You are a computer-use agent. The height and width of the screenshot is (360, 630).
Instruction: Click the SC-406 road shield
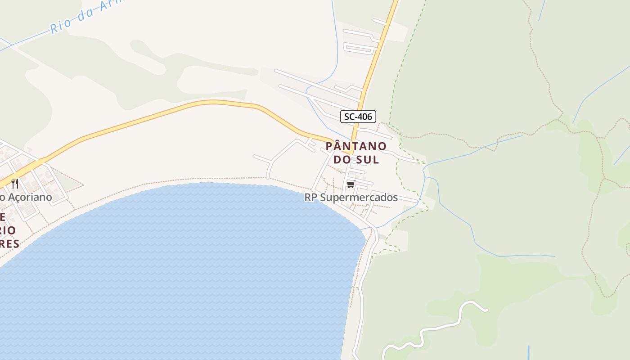358,117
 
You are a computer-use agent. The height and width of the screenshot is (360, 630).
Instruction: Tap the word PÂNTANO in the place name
356,146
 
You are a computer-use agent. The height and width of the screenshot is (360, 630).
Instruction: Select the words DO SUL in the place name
356,159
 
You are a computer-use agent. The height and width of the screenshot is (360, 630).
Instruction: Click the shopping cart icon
351,184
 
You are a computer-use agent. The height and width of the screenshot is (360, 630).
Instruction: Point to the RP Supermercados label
351,197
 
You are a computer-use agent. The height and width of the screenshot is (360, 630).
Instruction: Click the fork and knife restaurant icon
15,183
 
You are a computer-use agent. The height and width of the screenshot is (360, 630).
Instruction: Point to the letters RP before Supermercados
310,197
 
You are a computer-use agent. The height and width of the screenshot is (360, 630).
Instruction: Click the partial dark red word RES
10,244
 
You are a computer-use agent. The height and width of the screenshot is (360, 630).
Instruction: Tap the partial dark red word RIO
8,230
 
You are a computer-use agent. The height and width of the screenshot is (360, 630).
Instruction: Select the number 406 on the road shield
364,117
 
